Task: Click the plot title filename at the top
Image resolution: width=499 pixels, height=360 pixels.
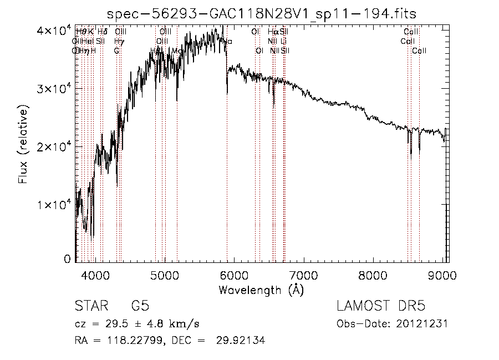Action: pos(262,13)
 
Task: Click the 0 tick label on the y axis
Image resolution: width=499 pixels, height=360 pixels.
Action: pos(67,259)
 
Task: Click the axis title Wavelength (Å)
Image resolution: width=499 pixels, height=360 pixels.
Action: pos(261,290)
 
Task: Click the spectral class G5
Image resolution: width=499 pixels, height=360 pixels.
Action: pos(140,307)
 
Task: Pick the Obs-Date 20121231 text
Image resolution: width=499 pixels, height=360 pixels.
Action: pos(392,324)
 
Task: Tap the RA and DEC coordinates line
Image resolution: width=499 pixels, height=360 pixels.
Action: pos(170,341)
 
